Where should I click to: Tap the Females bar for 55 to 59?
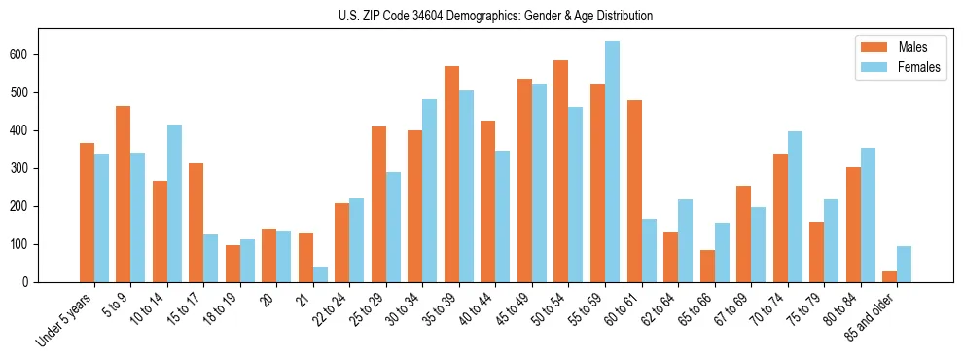pos(612,162)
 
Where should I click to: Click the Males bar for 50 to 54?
pos(561,171)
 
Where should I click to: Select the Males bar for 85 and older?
pos(889,276)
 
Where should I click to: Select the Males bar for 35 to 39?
pos(451,174)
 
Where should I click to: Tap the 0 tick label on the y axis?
pos(30,282)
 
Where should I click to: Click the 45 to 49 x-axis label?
pos(514,310)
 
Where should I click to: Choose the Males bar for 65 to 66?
pos(707,266)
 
